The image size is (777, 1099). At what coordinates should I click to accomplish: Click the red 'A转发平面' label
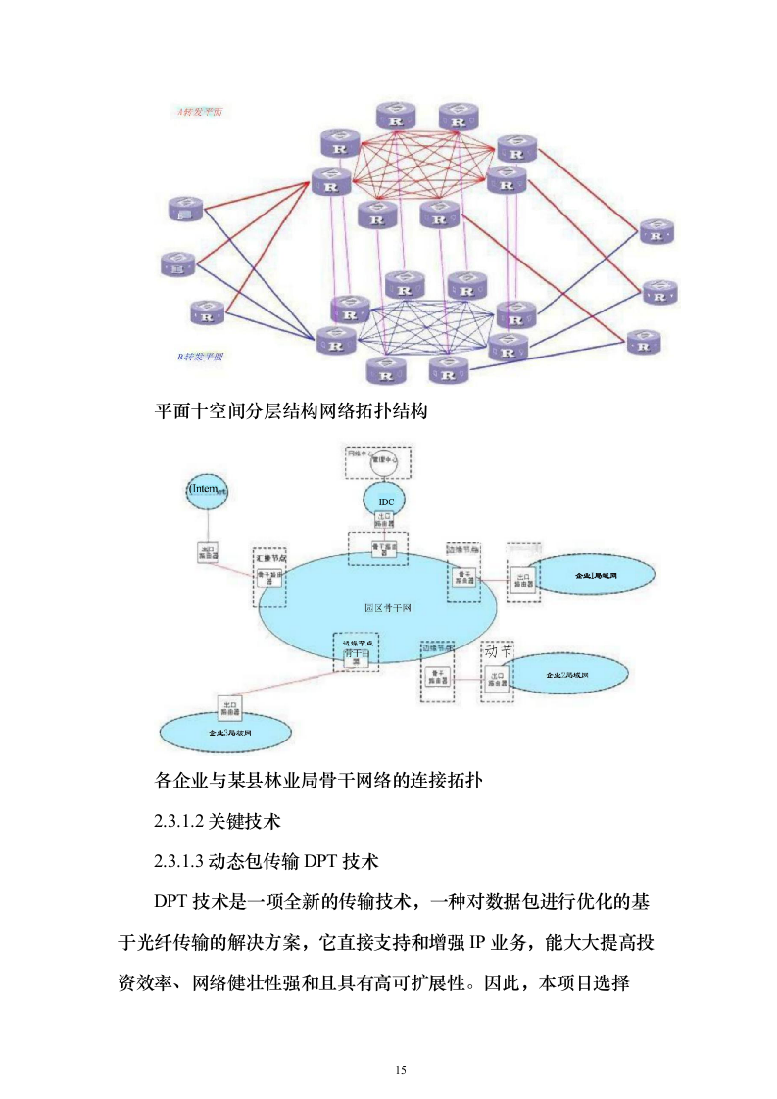tap(199, 112)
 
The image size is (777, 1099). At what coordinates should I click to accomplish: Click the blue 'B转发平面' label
tap(200, 357)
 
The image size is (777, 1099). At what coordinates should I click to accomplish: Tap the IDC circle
tap(385, 501)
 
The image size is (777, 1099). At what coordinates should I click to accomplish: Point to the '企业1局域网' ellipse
tap(596, 576)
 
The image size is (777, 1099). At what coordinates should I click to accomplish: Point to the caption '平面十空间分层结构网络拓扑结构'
tap(292, 411)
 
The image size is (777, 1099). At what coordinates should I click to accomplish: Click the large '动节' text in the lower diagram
tap(498, 649)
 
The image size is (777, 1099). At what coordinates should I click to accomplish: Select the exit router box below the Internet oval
tap(207, 552)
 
